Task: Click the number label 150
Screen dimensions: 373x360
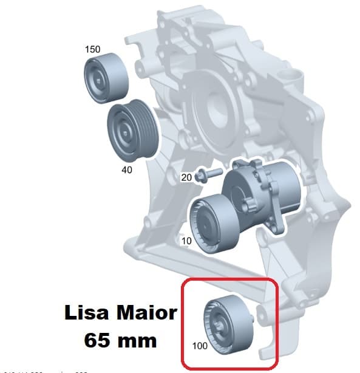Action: pos(93,49)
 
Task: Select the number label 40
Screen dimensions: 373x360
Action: pos(126,170)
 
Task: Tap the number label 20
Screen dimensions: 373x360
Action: pos(186,177)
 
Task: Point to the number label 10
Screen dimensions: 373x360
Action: pos(186,241)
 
